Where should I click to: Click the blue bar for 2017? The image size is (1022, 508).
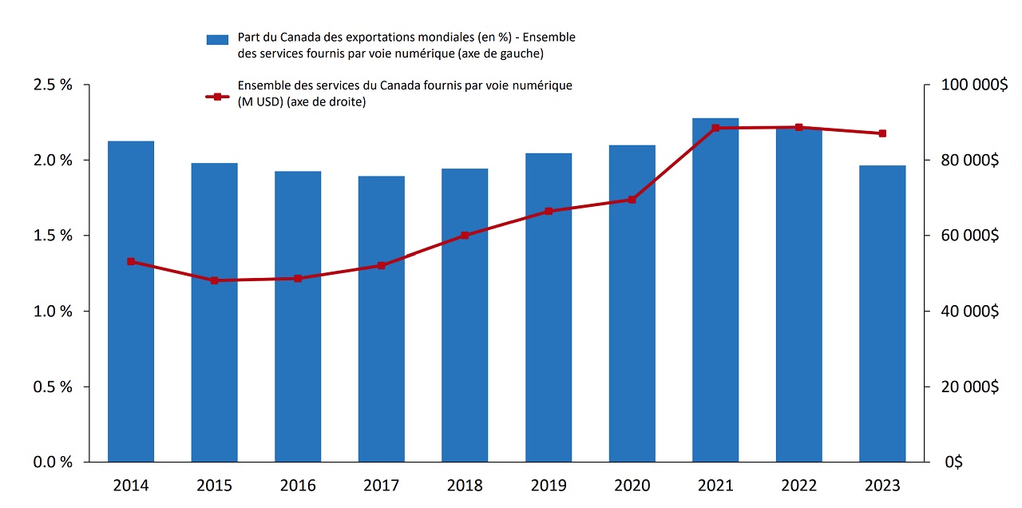381,319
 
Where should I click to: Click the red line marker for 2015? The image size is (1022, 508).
214,280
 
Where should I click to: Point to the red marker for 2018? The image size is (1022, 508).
465,236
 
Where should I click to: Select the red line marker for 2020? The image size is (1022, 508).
632,200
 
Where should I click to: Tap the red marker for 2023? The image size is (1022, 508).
882,133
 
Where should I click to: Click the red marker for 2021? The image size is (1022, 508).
715,128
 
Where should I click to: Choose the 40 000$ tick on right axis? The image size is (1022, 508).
971,312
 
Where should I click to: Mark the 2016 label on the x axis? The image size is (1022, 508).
298,486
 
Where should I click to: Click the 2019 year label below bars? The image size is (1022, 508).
549,486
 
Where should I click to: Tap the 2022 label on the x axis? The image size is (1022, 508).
798,486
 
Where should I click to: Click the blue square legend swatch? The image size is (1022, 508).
217,39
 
